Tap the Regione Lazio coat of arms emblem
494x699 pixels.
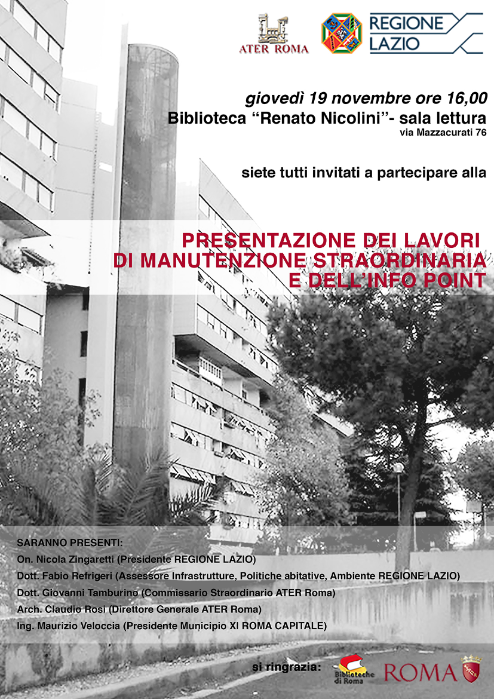[x=342, y=33]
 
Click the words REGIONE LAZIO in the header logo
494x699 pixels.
[x=407, y=33]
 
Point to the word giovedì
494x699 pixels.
[x=274, y=97]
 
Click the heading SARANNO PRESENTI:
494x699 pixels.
[x=70, y=544]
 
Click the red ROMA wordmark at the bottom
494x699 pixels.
[x=419, y=672]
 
